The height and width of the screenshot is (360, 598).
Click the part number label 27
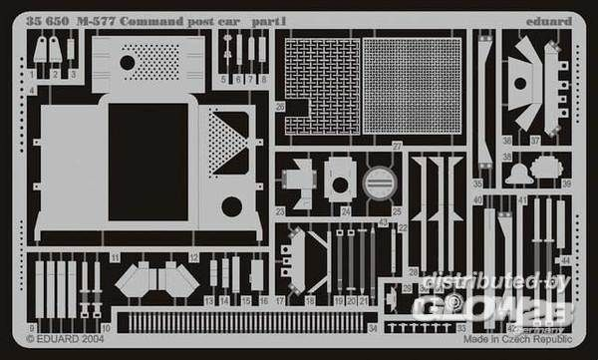click(x=397, y=146)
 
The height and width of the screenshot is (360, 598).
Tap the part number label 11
click(x=116, y=258)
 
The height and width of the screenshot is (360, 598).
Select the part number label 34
click(x=372, y=326)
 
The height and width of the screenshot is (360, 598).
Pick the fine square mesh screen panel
click(x=412, y=86)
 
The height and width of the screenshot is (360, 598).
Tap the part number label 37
click(x=535, y=141)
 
